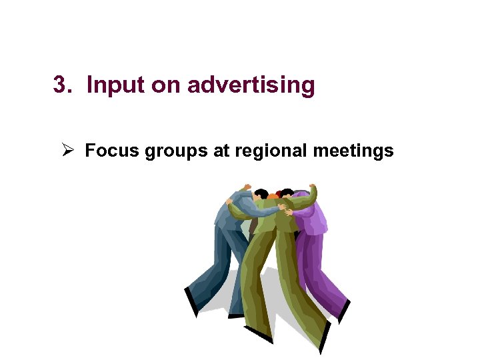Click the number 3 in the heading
pyautogui.click(x=61, y=85)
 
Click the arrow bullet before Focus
pyautogui.click(x=67, y=151)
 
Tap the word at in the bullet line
pyautogui.click(x=221, y=151)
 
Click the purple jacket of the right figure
pyautogui.click(x=312, y=217)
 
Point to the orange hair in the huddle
pyautogui.click(x=273, y=197)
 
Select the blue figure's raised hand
pyautogui.click(x=247, y=187)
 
